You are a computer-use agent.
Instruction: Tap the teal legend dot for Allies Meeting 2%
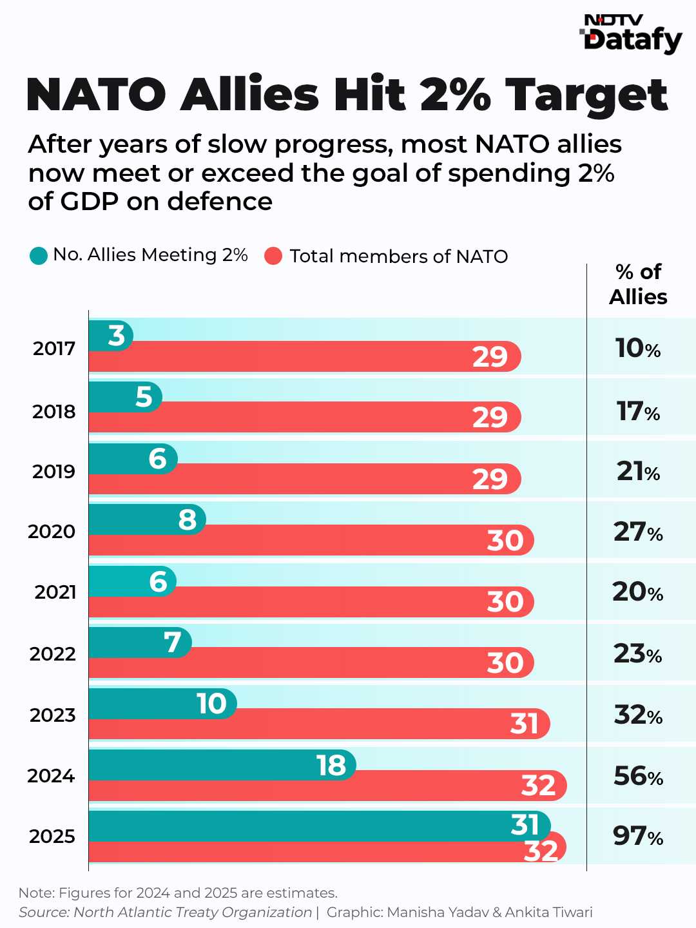39,256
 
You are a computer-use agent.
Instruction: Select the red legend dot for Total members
274,256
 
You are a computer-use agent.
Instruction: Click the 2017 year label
54,349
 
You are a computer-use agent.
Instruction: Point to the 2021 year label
55,592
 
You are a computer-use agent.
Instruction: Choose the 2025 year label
52,836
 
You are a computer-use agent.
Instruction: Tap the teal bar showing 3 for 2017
110,335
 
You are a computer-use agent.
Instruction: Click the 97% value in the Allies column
638,836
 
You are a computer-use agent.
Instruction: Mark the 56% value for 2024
638,776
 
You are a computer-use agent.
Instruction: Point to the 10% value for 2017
638,349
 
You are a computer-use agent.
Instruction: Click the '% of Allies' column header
638,284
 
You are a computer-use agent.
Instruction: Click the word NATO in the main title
97,95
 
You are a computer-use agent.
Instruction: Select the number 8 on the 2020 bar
187,519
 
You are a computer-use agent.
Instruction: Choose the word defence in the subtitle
220,202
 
